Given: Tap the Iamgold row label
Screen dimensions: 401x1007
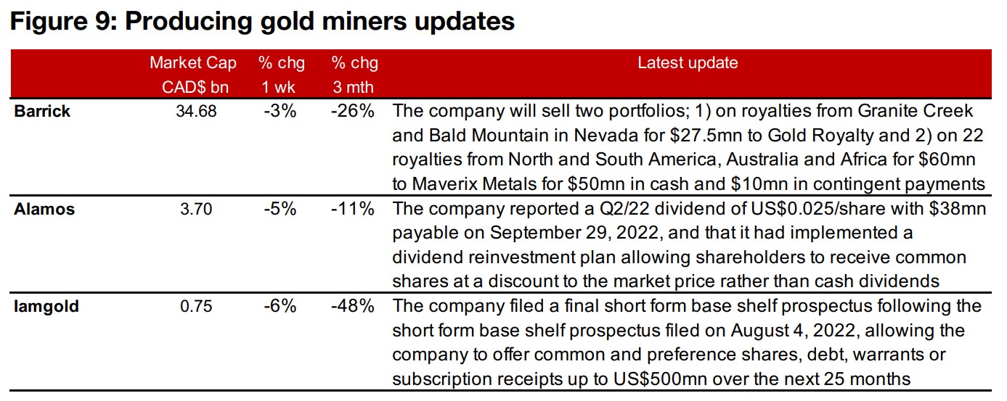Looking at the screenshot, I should pyautogui.click(x=46, y=307).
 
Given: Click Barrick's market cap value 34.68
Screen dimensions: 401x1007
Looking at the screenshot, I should pyautogui.click(x=196, y=112).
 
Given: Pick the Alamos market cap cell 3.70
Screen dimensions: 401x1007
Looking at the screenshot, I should pyautogui.click(x=196, y=210).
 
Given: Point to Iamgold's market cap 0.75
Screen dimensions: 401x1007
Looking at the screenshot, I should pyautogui.click(x=196, y=307).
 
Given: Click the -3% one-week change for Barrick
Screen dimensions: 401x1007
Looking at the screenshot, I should pyautogui.click(x=280, y=112).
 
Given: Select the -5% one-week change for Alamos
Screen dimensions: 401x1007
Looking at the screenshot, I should pyautogui.click(x=280, y=210).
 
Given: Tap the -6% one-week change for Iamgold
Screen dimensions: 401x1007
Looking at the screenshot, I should pyautogui.click(x=280, y=307).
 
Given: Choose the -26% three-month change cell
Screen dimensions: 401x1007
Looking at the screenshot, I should pyautogui.click(x=353, y=112).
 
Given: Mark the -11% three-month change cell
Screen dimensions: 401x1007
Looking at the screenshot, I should pyautogui.click(x=353, y=210).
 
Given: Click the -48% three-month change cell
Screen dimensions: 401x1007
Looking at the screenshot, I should pyautogui.click(x=353, y=307).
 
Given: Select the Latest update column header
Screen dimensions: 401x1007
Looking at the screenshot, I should pyautogui.click(x=687, y=63).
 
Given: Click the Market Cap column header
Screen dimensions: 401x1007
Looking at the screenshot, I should pyautogui.click(x=192, y=63).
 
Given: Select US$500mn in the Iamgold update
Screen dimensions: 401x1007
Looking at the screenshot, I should pyautogui.click(x=624, y=377).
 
